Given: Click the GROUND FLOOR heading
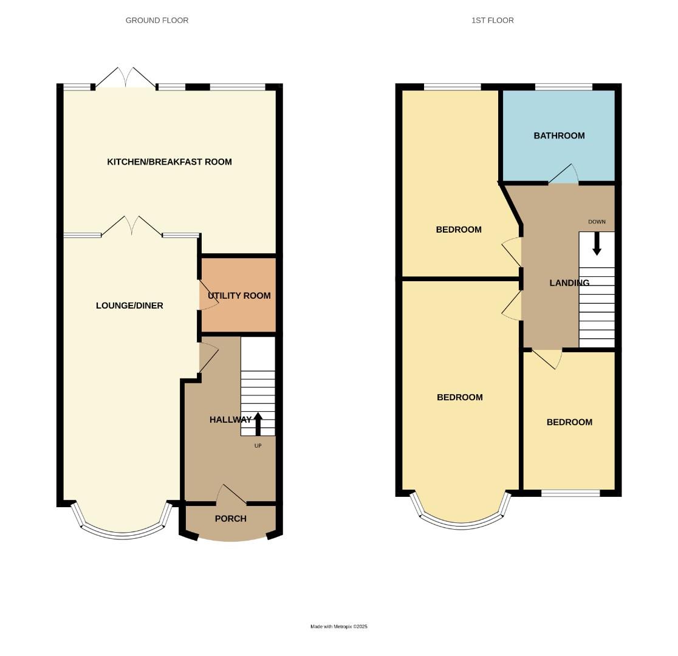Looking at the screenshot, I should (157, 20).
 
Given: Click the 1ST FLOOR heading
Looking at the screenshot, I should (492, 20).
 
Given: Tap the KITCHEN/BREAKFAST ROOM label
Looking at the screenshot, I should (169, 162).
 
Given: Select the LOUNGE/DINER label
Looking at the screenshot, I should (129, 306).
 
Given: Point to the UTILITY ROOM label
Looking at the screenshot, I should (239, 296).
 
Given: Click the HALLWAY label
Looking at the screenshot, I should (230, 420).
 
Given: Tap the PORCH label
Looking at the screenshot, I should (231, 519).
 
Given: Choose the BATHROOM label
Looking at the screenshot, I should (559, 135).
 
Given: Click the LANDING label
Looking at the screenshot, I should (569, 283).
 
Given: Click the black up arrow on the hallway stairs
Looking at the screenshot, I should (258, 424).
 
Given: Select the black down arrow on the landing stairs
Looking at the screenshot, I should (597, 244).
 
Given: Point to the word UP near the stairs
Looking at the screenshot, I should (258, 446).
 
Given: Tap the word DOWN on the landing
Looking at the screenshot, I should (597, 222).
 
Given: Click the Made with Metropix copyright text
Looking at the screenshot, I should (339, 626).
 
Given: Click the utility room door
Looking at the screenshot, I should (207, 296).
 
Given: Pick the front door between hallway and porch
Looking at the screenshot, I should (231, 495).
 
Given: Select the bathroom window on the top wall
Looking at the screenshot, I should (563, 87).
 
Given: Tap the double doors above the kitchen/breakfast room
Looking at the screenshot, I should (125, 78).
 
